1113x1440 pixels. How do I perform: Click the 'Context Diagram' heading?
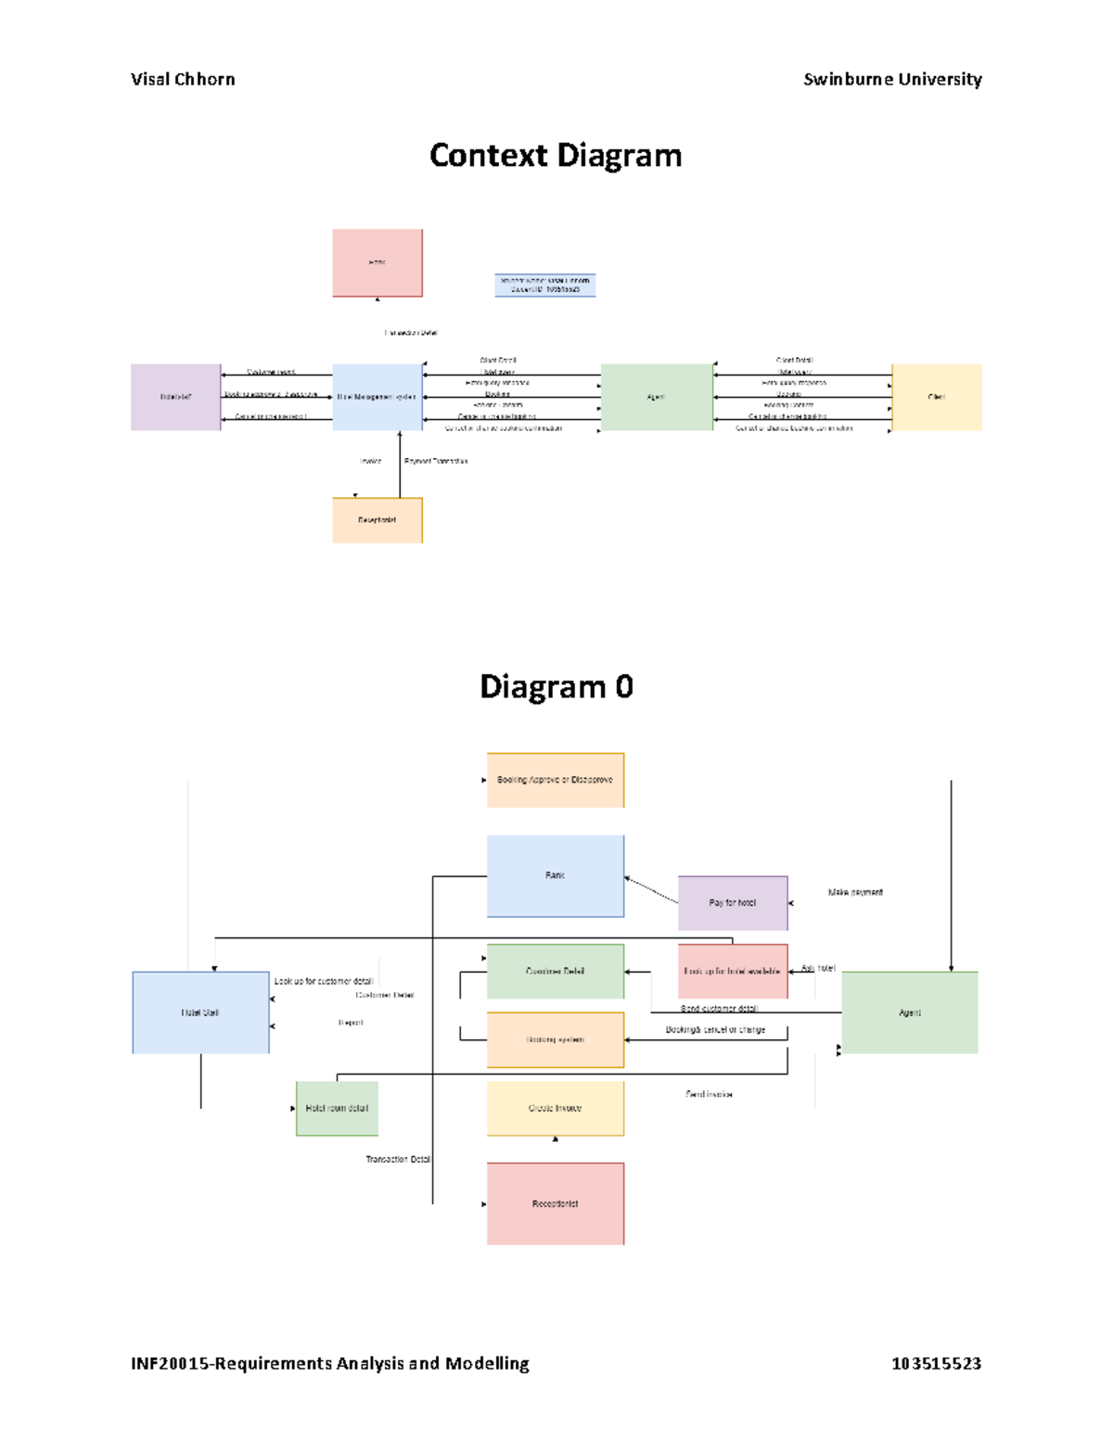556,156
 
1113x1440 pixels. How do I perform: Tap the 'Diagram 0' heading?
556,687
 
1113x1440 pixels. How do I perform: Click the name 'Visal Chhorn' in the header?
183,80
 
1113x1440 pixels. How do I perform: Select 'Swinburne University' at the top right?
891,80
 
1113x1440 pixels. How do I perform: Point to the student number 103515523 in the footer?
936,1363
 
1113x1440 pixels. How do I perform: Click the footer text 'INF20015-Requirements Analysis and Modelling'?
330,1363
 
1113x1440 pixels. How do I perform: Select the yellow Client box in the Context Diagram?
936,397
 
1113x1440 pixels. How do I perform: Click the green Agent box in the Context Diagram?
656,397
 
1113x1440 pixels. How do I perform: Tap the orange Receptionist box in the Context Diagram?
377,520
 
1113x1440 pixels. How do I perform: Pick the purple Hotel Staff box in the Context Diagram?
175,397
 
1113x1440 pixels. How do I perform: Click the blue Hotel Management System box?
377,397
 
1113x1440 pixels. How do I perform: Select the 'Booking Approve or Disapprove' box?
555,780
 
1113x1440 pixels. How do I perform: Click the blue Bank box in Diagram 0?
555,875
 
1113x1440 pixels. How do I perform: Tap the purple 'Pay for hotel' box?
732,902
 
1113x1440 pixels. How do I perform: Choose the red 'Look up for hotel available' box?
732,971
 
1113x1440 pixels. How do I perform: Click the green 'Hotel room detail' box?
337,1108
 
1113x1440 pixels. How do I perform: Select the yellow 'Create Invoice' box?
555,1108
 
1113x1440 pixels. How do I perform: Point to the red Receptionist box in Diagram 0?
555,1204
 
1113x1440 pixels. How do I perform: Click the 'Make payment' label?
855,892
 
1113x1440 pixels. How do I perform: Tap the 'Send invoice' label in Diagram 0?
709,1094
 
